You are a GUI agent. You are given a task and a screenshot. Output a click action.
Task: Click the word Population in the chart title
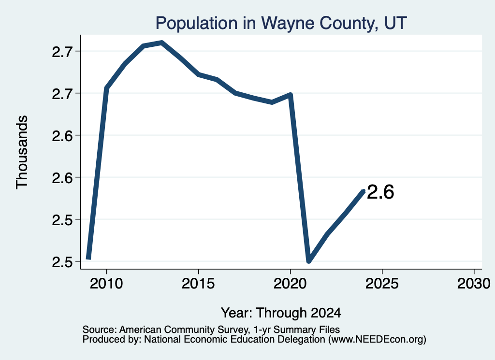[x=196, y=23]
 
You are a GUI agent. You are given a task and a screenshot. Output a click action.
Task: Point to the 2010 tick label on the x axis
[x=106, y=284]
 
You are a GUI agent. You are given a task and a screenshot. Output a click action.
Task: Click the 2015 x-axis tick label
[x=198, y=284]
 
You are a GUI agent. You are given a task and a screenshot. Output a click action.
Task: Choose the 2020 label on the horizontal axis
[x=290, y=284]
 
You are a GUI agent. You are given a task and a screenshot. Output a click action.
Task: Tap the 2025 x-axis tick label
[x=382, y=284]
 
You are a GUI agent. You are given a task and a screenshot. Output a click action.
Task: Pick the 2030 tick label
[x=474, y=284]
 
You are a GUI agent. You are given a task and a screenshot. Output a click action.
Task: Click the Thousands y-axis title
[x=22, y=152]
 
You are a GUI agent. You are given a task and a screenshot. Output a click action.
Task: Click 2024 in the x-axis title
[x=326, y=313]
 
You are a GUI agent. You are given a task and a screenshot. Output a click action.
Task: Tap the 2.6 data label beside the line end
[x=380, y=192]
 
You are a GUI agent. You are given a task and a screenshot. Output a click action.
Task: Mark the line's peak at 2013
[x=161, y=43]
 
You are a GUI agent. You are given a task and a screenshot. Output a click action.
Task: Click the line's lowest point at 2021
[x=309, y=260]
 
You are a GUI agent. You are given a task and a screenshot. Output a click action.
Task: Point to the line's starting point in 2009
[x=88, y=259]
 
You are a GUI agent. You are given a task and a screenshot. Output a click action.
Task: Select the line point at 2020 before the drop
[x=291, y=94]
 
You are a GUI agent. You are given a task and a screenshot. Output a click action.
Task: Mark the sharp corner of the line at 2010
[x=106, y=88]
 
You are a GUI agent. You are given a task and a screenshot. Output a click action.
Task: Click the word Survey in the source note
[x=233, y=330]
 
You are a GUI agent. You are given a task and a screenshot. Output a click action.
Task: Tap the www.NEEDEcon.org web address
[x=377, y=340]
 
